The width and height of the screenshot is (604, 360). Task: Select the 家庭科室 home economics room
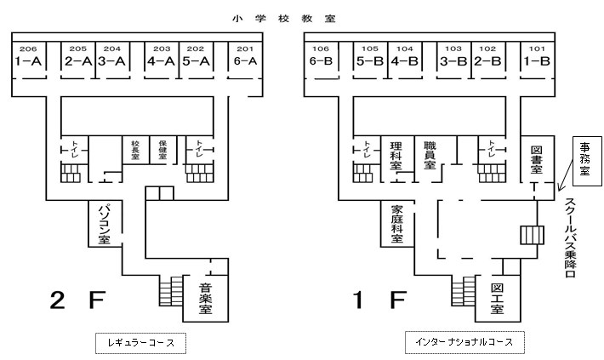coord(396,224)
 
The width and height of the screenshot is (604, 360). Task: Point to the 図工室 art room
coord(498,299)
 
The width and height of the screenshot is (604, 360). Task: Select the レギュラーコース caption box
coord(140,343)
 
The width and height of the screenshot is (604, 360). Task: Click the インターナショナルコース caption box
coord(463,343)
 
